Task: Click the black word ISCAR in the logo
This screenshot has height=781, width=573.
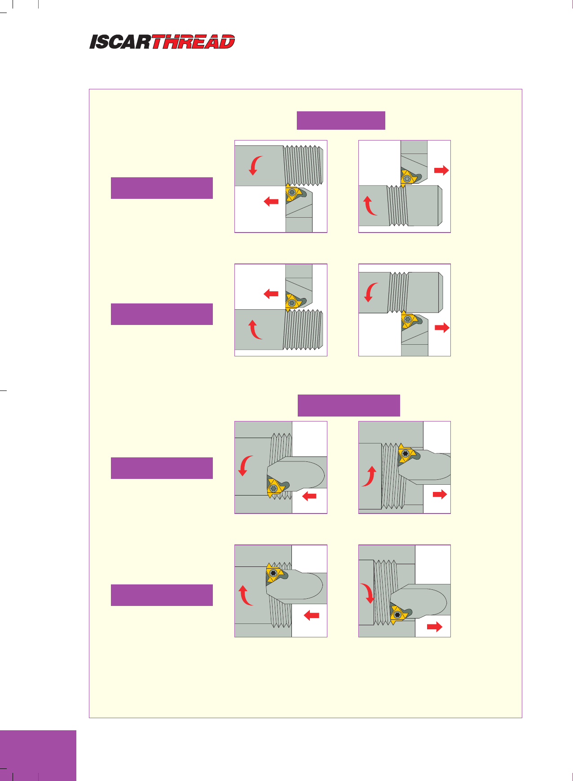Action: (x=120, y=42)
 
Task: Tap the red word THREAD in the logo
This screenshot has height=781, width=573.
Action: (x=193, y=42)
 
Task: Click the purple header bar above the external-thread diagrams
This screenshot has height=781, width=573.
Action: (x=341, y=120)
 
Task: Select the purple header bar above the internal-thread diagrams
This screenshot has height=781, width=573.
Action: (x=348, y=405)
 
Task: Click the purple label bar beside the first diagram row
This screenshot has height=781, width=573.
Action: (x=162, y=188)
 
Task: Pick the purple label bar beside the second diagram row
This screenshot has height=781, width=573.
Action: (x=162, y=314)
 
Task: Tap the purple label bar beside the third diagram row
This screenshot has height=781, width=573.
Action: (x=162, y=468)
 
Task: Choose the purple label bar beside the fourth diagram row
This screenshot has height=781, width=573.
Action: (x=162, y=595)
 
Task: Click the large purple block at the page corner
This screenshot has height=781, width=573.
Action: (x=38, y=755)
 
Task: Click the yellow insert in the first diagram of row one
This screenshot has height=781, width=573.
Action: (x=292, y=193)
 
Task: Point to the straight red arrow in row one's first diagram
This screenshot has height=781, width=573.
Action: (x=271, y=202)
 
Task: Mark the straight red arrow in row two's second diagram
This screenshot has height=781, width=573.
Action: (x=442, y=328)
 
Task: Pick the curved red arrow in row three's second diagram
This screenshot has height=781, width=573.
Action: (x=369, y=477)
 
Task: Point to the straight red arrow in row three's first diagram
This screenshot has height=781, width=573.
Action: (x=309, y=496)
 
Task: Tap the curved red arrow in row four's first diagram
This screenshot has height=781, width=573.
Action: (x=245, y=595)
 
